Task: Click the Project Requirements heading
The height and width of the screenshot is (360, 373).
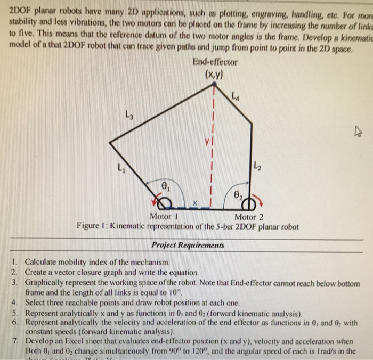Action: (188, 246)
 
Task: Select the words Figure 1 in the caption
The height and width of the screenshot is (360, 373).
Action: (93, 226)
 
